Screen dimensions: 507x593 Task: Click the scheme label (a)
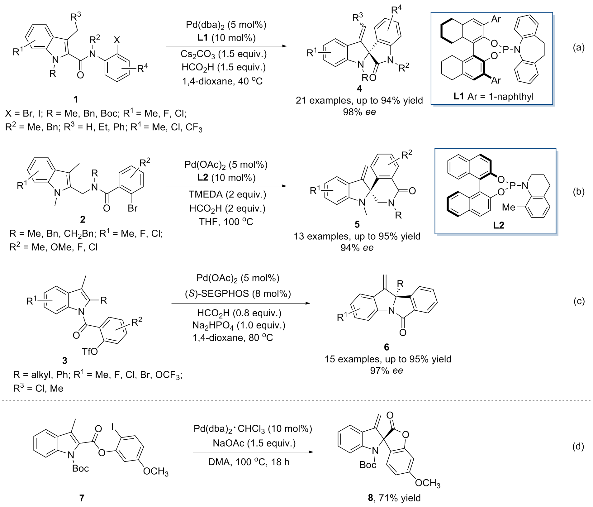(579, 48)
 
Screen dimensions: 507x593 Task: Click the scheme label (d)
(578, 447)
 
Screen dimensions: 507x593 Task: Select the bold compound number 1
(76, 99)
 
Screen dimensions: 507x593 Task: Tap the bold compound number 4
(359, 89)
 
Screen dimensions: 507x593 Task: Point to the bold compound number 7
(82, 498)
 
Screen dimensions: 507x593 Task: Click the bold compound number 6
(386, 347)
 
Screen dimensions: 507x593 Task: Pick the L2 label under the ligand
(498, 225)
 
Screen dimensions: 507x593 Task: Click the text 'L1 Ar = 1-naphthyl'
(493, 96)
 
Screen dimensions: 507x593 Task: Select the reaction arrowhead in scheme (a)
(284, 46)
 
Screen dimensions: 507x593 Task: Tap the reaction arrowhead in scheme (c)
(308, 303)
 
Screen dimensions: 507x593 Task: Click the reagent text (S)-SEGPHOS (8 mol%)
(238, 294)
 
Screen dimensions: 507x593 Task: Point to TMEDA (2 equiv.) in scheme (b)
(227, 194)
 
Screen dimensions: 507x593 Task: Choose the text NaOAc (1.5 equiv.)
(254, 443)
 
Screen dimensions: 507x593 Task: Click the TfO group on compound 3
(90, 352)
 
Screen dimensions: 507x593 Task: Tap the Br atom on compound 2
(132, 208)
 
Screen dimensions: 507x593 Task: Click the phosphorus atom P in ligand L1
(505, 49)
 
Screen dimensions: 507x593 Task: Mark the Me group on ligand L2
(509, 207)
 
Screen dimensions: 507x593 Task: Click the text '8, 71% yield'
(394, 498)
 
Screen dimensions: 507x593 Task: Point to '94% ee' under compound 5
(357, 248)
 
